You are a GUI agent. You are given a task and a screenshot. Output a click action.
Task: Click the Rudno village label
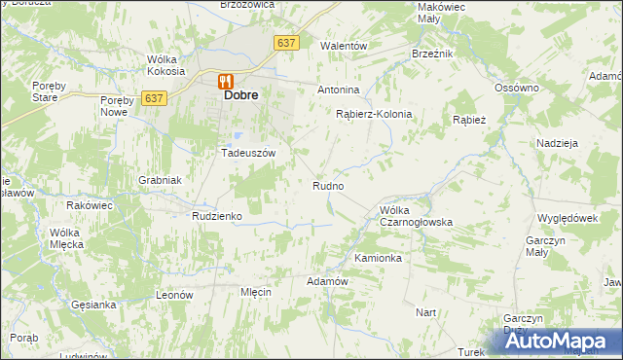[327, 185]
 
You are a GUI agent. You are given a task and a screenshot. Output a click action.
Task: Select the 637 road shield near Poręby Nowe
[153, 98]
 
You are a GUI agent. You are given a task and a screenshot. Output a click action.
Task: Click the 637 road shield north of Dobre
[285, 43]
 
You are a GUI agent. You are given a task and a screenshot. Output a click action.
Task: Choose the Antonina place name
[339, 90]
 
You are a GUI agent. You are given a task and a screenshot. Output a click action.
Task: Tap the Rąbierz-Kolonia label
[374, 114]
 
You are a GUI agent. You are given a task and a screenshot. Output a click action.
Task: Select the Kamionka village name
[378, 259]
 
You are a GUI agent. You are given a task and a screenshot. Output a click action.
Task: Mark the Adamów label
[327, 281]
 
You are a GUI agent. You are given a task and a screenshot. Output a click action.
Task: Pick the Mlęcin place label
[254, 292]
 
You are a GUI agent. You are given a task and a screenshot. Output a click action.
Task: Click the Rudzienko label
[216, 216]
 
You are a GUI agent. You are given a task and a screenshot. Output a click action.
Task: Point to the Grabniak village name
[160, 180]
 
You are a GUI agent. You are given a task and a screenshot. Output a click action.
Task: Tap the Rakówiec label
[90, 206]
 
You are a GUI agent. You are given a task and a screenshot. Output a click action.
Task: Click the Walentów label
[344, 46]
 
